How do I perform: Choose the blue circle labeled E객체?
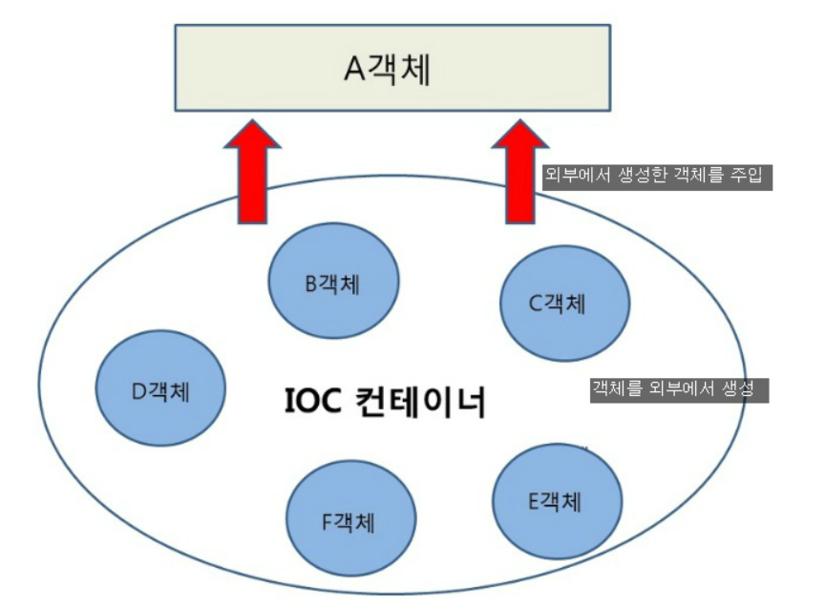pyautogui.click(x=558, y=500)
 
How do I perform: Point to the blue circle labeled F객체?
pyautogui.click(x=351, y=520)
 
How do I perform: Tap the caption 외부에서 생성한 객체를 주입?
pyautogui.click(x=657, y=177)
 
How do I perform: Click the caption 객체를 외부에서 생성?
pyautogui.click(x=679, y=389)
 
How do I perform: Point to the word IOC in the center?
pyautogui.click(x=313, y=402)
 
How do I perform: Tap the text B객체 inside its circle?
pyautogui.click(x=334, y=283)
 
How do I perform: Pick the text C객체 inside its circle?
pyautogui.click(x=559, y=303)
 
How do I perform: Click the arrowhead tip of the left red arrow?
pyautogui.click(x=251, y=121)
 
